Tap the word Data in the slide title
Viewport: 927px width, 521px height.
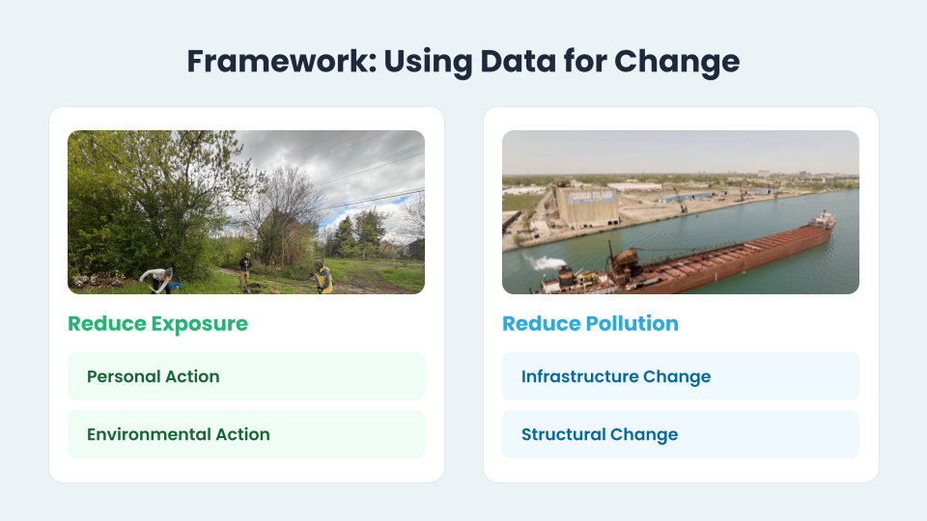coord(518,62)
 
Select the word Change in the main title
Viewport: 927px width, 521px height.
coord(677,62)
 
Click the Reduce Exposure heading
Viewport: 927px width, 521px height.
coord(157,324)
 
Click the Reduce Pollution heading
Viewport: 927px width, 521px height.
coord(590,324)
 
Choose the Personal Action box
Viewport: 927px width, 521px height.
coord(246,376)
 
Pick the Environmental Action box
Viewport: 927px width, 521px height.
coord(246,434)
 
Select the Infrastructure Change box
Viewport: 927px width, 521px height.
coord(681,376)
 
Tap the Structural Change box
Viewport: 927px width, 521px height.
coord(681,434)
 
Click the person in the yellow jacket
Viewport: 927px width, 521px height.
coord(323,277)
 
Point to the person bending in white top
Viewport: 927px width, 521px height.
coord(157,279)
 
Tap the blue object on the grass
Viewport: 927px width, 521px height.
coord(175,287)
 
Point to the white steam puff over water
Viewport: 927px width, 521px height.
coord(545,262)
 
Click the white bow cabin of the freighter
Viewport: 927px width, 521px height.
coord(823,220)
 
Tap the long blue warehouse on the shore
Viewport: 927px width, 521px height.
coord(687,197)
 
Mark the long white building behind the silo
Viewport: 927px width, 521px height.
coord(635,186)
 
